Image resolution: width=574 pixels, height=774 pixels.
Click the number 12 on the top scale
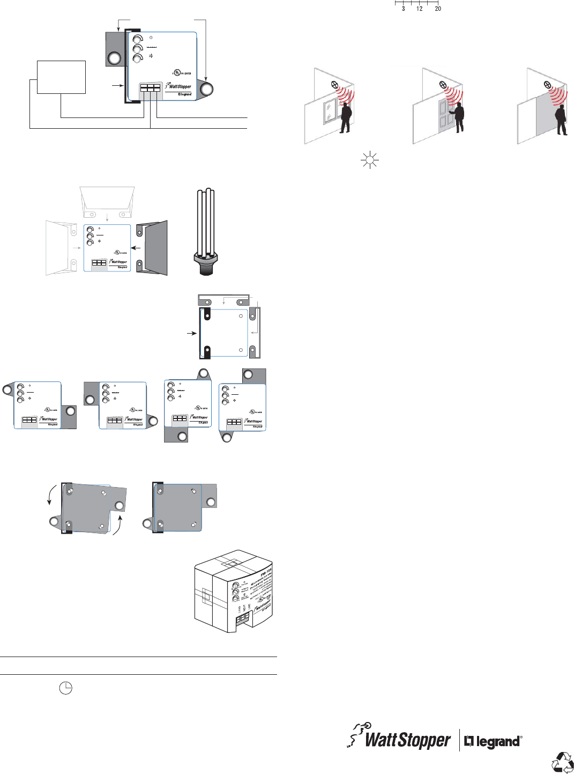pos(419,9)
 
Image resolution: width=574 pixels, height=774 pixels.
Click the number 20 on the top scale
pos(438,9)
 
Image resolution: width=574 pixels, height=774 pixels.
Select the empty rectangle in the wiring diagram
pos(61,77)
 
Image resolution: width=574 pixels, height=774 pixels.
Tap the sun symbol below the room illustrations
pos(370,160)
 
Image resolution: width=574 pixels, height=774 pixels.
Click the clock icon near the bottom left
pos(65,688)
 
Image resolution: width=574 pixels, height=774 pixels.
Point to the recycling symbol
pos(563,762)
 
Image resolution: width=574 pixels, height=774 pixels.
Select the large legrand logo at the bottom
pos(493,741)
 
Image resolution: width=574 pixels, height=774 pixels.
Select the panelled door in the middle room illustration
pos(445,116)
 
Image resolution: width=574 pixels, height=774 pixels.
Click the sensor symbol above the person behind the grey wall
pos(547,85)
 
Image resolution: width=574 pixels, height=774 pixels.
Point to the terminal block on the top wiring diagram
pos(151,88)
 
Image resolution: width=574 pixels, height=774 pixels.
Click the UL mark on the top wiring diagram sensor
pos(177,72)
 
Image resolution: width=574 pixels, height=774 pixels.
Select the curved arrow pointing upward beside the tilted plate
pos(118,525)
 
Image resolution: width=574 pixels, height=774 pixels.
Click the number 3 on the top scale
pos(404,9)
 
